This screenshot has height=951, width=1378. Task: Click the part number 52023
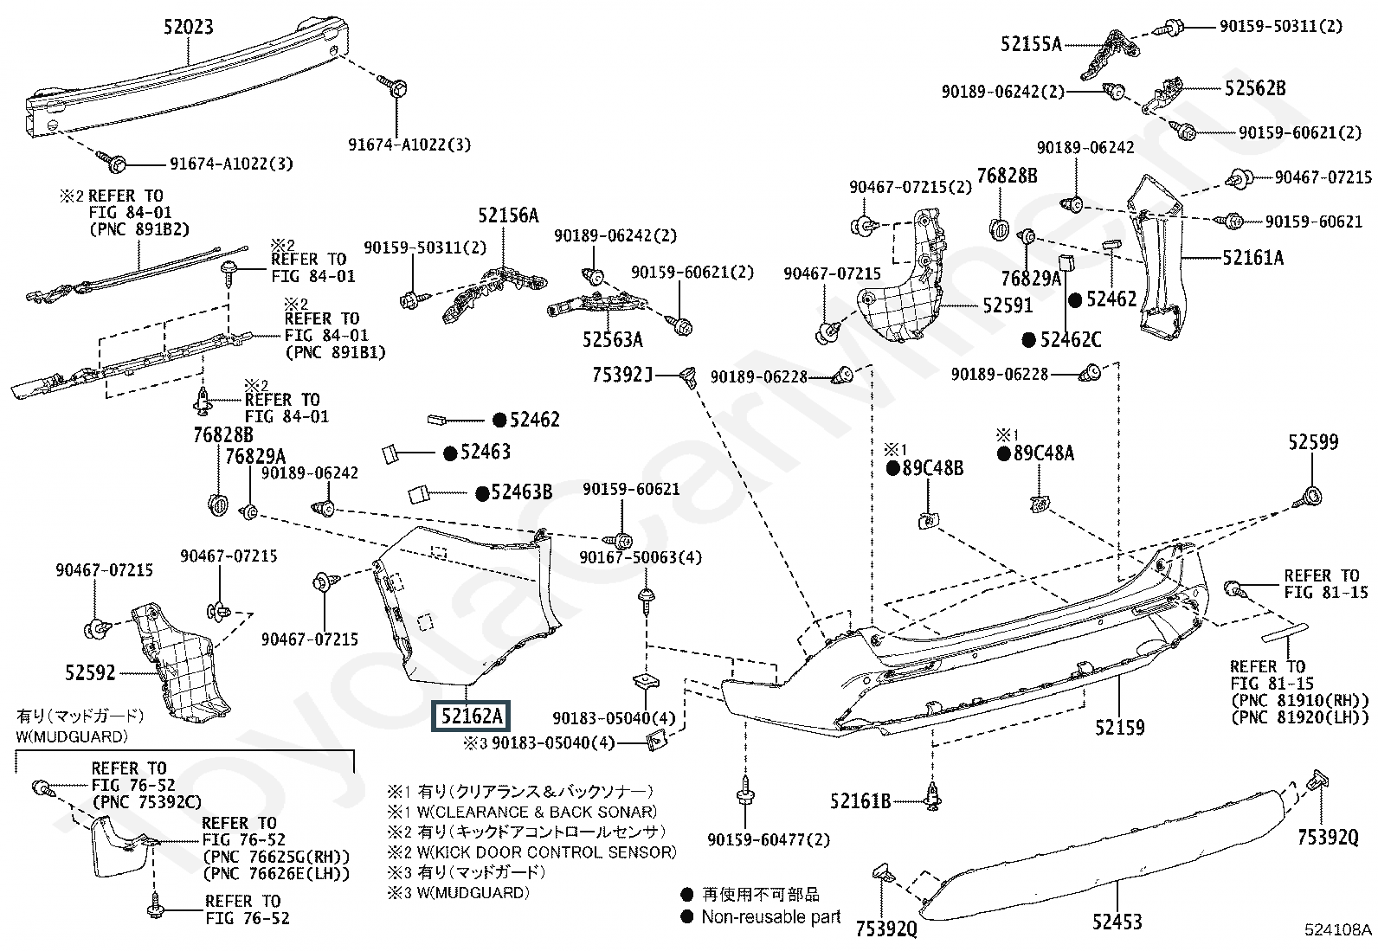pos(188,27)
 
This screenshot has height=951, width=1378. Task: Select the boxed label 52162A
pos(471,716)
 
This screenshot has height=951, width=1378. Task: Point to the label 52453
pos(1117,922)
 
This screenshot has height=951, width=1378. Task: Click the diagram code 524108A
pos(1338,931)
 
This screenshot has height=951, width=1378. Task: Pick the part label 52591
pos(1008,305)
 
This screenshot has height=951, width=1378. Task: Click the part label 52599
pos(1312,442)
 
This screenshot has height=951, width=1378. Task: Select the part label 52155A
pos(1031,43)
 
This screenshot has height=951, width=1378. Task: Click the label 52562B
pos(1255,87)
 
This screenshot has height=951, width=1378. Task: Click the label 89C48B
pos(932,469)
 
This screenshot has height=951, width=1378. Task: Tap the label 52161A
pos(1252,257)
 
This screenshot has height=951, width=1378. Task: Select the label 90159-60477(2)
pos(768,839)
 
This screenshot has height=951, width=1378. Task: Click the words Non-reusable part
pos(770,916)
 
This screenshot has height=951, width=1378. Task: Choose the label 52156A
pos(509,215)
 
